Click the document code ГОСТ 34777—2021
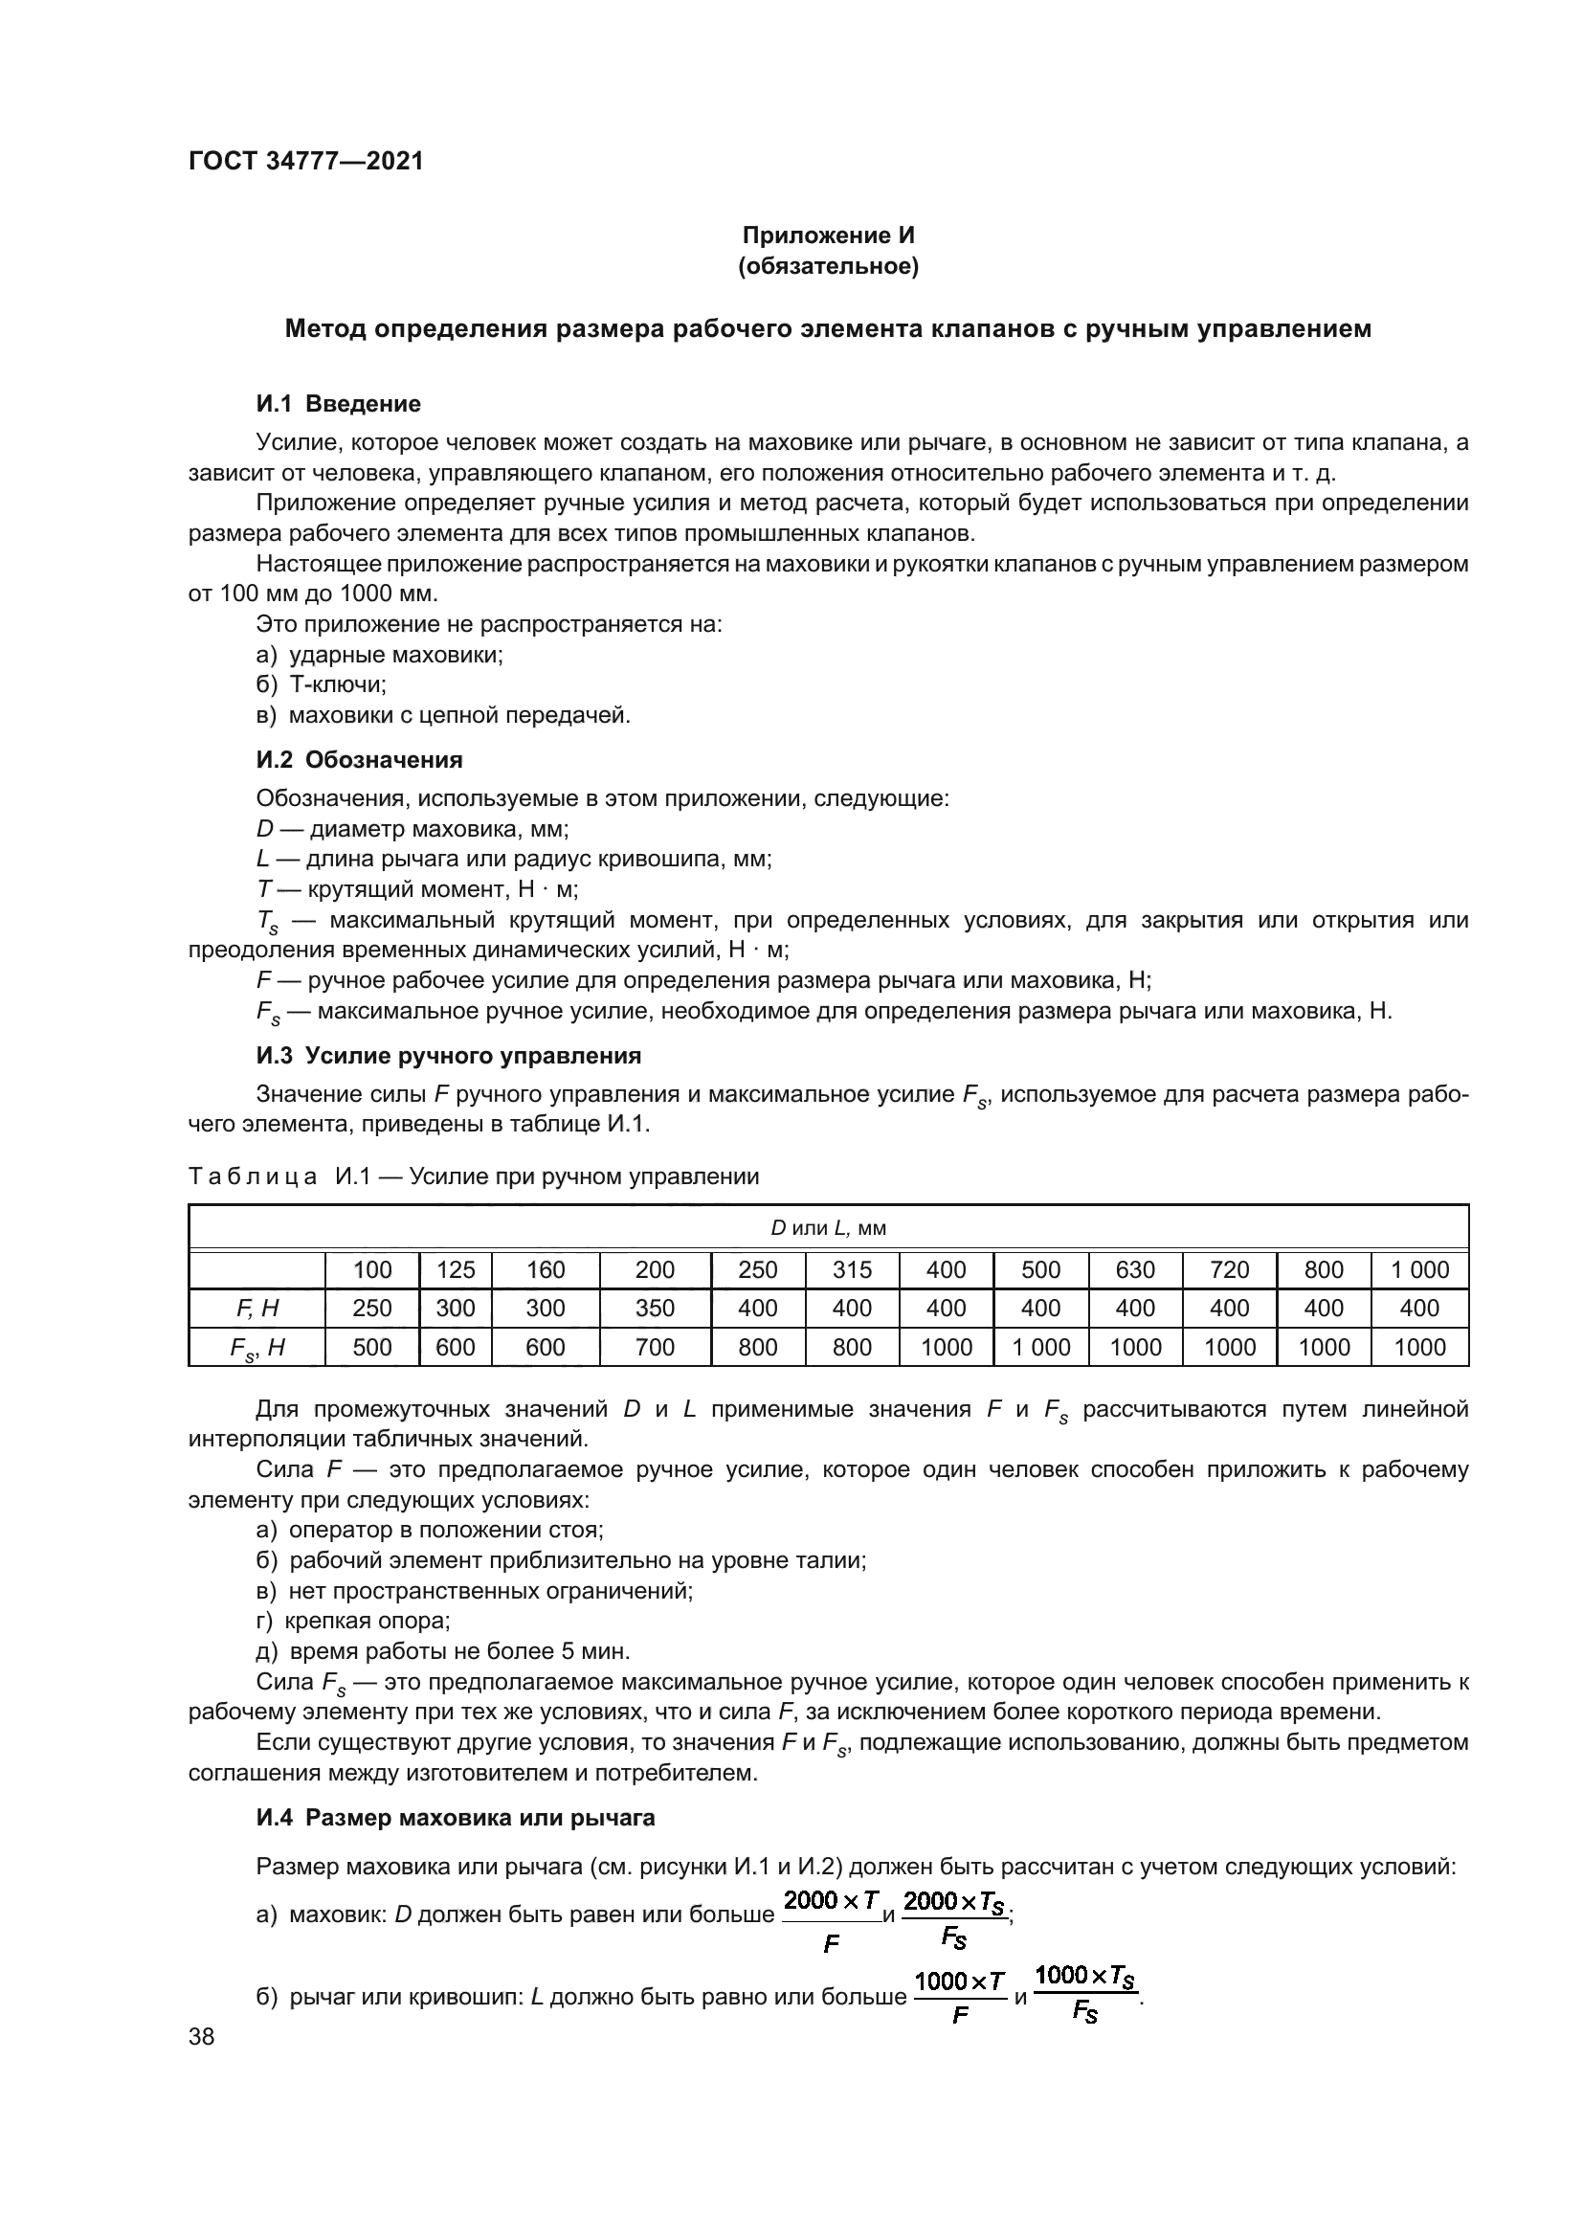coord(306,161)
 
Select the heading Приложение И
coord(829,235)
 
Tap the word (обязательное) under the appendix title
coord(829,266)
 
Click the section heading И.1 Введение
coord(338,404)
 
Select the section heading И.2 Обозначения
coord(359,760)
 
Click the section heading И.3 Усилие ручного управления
coord(448,1055)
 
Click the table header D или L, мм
coord(829,1228)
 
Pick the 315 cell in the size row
coord(852,1269)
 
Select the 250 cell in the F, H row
coord(371,1309)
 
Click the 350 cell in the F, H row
coord(655,1309)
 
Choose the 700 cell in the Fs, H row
coord(655,1348)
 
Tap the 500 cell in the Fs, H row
coord(371,1348)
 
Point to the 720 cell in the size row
coord(1229,1269)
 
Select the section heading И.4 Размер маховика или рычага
coord(456,1818)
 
